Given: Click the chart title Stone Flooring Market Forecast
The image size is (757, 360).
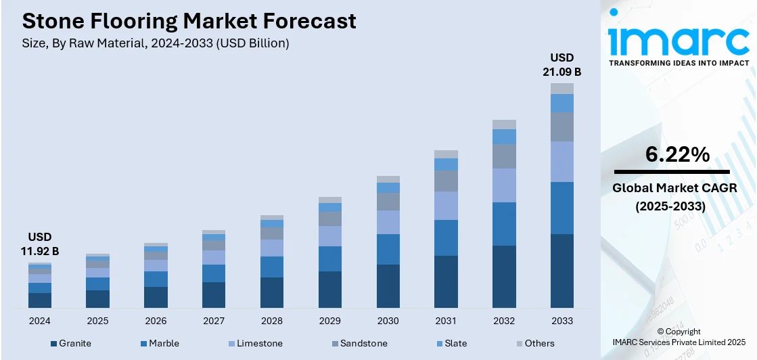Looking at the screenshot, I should pos(189,21).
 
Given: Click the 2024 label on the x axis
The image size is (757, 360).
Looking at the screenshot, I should pos(40,321).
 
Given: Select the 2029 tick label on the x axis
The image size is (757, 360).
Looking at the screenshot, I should pos(330,321).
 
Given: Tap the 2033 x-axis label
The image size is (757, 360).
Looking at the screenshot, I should pos(562,321).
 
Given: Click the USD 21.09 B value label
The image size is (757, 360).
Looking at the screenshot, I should pos(561,64).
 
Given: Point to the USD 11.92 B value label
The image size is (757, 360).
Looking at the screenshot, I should pos(40,244).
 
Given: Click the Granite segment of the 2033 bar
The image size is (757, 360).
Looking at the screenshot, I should pos(562,271).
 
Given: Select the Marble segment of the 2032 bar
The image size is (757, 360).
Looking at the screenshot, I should pos(504,223).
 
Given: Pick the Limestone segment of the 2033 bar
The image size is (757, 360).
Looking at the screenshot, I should pos(562,161).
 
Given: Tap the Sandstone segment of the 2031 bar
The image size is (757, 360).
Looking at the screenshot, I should pos(446,181).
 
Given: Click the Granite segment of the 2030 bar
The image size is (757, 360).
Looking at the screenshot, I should pos(388,286).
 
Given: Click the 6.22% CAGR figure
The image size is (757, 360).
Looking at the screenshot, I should pos(677,155).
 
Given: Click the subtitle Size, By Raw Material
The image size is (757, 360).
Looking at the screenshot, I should pos(156,43).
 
